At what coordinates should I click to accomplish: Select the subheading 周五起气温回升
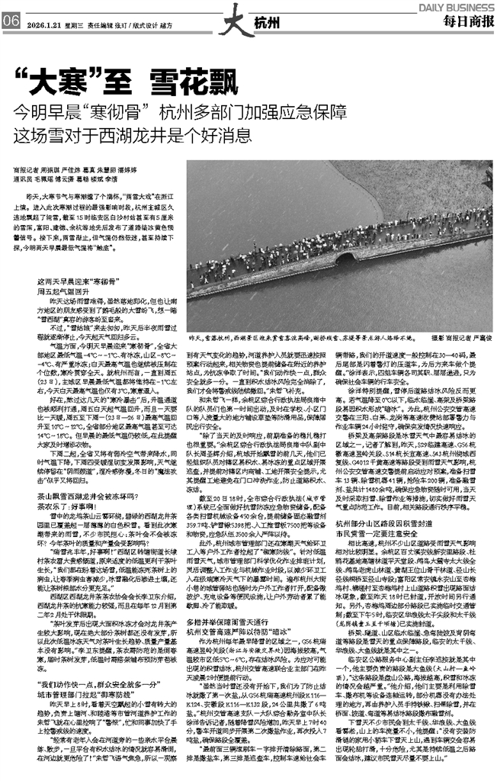point(62,291)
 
